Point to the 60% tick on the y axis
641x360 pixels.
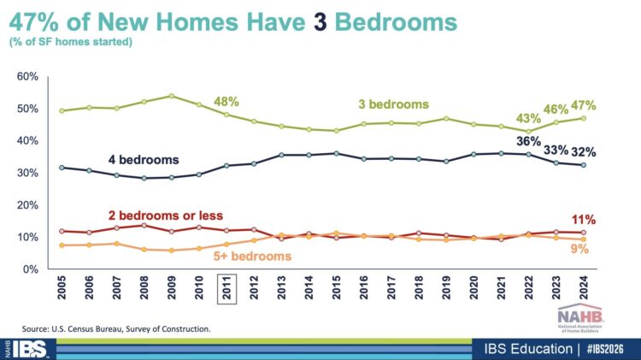[27, 77]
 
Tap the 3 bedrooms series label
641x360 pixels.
[393, 104]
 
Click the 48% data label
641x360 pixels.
[226, 101]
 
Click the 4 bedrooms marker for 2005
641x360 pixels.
[61, 168]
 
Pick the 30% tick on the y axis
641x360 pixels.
[27, 173]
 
